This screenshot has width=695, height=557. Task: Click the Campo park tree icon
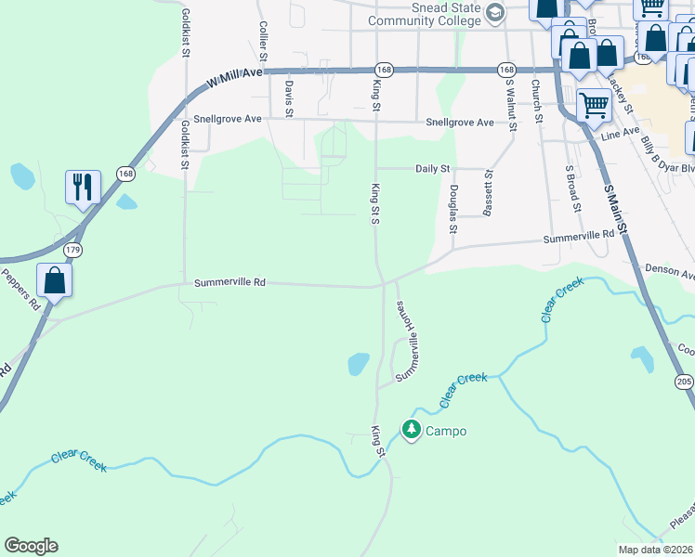pyautogui.click(x=411, y=430)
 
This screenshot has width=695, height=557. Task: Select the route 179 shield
pyautogui.click(x=73, y=251)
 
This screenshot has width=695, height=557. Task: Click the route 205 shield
pyautogui.click(x=685, y=382)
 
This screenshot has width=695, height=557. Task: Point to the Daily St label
pyautogui.click(x=432, y=169)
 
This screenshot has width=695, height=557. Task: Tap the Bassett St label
pyautogui.click(x=488, y=191)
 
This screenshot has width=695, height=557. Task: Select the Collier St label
pyautogui.click(x=264, y=42)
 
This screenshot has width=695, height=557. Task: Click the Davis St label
pyautogui.click(x=289, y=98)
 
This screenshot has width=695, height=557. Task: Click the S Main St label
pyautogui.click(x=615, y=213)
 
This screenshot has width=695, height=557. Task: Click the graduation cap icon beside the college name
pyautogui.click(x=495, y=12)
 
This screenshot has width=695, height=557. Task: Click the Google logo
pyautogui.click(x=31, y=546)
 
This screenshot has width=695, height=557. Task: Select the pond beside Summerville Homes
pyautogui.click(x=359, y=364)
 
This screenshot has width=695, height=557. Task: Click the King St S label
pyautogui.click(x=376, y=202)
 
